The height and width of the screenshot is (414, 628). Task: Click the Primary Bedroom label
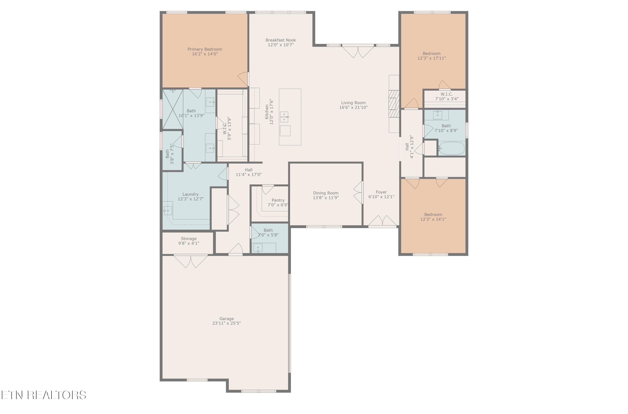(205, 49)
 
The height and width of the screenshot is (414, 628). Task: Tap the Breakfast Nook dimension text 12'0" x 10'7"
(281, 45)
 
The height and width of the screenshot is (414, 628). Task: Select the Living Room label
(353, 103)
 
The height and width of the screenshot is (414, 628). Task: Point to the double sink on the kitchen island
(284, 117)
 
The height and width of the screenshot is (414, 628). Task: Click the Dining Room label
(326, 193)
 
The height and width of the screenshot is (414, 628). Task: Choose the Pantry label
(278, 200)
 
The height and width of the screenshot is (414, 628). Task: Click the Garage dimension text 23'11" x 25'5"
(226, 323)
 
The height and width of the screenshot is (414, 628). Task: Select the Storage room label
(188, 238)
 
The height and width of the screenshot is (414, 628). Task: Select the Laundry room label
(190, 194)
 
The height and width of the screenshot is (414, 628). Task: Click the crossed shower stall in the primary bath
(172, 109)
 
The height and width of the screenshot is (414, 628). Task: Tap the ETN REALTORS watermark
(44, 395)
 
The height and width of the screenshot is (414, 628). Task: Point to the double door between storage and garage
(190, 261)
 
